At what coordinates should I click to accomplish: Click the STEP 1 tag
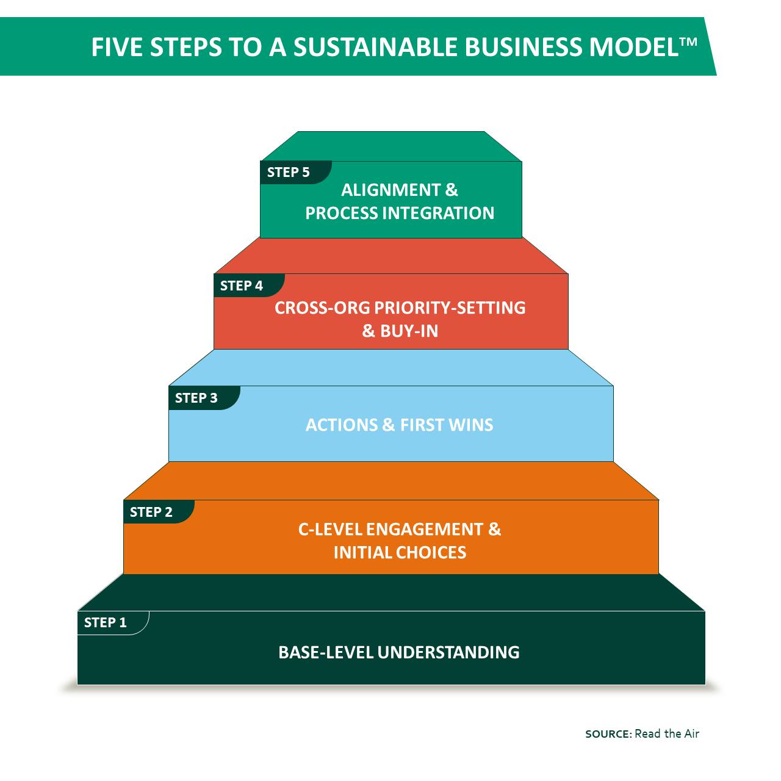click(106, 622)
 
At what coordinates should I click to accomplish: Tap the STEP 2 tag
click(151, 512)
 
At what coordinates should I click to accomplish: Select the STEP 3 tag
click(196, 398)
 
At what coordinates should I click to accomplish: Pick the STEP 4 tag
click(242, 286)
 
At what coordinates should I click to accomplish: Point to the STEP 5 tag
click(288, 172)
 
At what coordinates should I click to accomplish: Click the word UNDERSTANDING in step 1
click(448, 652)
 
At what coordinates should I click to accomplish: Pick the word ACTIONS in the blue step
click(342, 425)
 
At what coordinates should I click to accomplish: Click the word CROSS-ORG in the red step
click(322, 308)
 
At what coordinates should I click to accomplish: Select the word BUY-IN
click(409, 331)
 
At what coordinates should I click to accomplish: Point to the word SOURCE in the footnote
click(607, 734)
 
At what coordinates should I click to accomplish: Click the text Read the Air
click(667, 733)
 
